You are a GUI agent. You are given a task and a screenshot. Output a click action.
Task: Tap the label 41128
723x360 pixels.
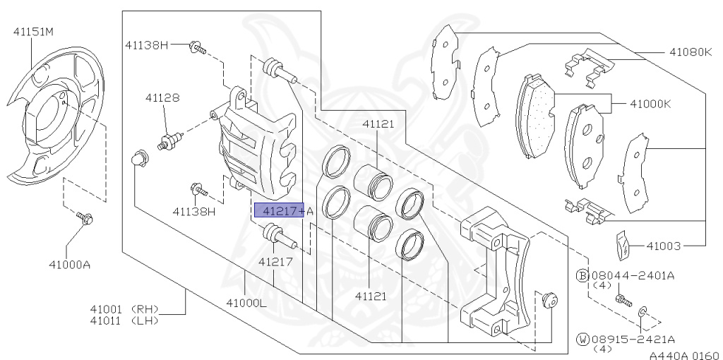point(162,100)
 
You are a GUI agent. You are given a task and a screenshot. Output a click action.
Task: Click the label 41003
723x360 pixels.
point(662,246)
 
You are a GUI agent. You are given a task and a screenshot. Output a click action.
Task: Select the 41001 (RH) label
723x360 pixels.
point(124,309)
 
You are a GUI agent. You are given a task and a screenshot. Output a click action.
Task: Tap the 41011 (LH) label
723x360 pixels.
point(124,321)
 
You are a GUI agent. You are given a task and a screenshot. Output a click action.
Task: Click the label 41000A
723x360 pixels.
point(69,265)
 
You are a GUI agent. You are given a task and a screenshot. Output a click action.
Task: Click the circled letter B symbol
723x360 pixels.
point(583,275)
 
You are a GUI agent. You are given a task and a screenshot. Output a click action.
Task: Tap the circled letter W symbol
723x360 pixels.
point(583,340)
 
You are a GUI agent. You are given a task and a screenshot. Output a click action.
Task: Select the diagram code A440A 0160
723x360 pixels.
point(683,354)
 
